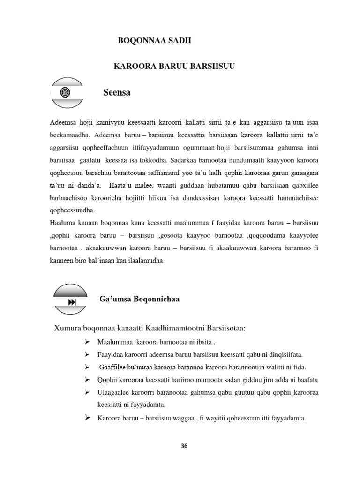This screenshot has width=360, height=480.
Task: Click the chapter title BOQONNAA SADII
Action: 154,41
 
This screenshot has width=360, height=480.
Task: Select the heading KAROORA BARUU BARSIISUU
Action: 174,67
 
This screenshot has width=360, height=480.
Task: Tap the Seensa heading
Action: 117,93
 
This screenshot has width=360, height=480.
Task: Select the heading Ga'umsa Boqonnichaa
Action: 139,299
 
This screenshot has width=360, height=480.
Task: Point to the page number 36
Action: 184,446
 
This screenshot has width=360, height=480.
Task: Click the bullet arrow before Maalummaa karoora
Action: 87,340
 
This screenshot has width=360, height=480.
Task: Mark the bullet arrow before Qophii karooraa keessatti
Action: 87,379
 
